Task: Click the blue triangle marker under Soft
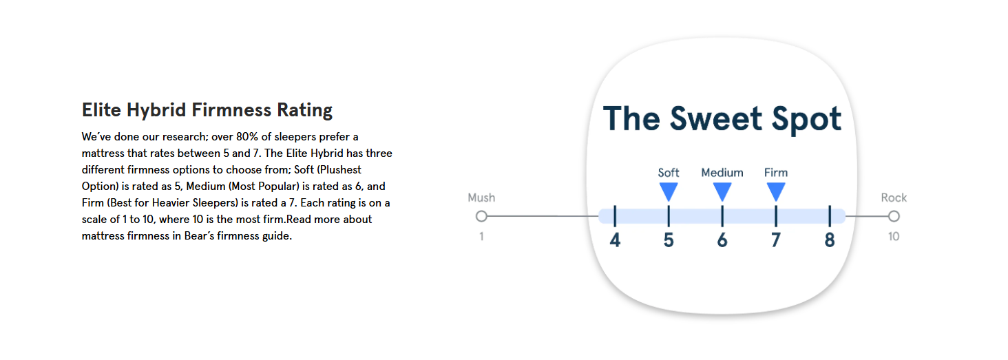[669, 191]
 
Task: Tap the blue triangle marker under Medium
[722, 191]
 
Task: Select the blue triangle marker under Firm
[776, 191]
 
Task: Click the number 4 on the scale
[615, 240]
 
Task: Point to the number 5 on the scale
[669, 240]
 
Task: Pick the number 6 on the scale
[722, 240]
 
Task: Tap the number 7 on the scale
[776, 240]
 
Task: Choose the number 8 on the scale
[830, 240]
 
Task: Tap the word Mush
[481, 198]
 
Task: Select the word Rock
[894, 198]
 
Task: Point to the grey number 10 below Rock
[894, 236]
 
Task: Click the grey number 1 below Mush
[481, 236]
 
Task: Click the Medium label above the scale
[722, 172]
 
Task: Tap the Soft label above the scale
[669, 172]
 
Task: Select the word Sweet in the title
[716, 119]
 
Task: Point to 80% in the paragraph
[247, 136]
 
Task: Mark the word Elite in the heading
[101, 110]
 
